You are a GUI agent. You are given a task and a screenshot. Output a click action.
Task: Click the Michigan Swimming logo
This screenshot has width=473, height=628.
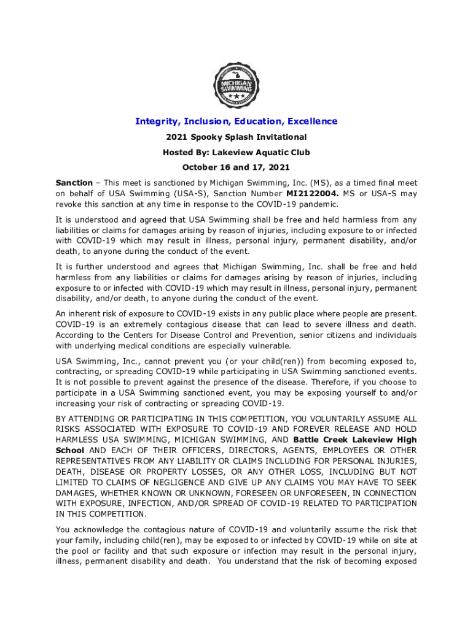pos(236,85)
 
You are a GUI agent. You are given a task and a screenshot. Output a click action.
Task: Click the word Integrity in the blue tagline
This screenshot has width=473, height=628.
pos(155,121)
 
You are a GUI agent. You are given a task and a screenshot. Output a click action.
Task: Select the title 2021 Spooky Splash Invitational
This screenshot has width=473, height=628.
pos(237,137)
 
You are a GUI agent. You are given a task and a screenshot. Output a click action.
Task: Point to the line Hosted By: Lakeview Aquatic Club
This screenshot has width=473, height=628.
pos(237,152)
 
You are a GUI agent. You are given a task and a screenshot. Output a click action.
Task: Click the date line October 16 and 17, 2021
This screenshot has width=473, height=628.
pos(237,167)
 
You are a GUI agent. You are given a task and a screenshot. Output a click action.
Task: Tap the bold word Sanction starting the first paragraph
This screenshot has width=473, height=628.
pos(74,183)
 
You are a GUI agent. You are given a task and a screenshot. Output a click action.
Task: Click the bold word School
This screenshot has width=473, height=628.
pos(70,450)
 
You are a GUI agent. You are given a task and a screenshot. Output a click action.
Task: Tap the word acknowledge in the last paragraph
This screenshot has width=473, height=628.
pos(106,529)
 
